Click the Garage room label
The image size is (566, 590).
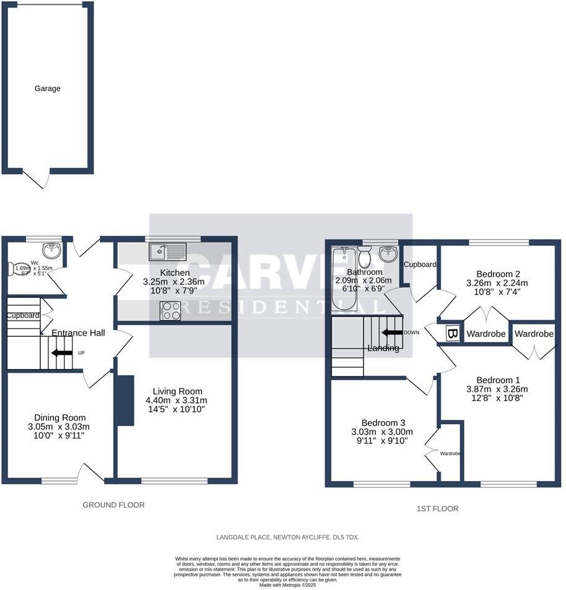(48, 89)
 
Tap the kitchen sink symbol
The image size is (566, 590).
(167, 251)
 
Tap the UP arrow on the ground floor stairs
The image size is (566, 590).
(61, 353)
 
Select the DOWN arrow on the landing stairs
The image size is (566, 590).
(391, 332)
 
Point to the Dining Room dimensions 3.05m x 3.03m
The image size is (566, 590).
(61, 427)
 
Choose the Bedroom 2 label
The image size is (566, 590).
(497, 274)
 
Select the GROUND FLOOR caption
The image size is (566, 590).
(113, 505)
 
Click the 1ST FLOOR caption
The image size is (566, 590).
(438, 509)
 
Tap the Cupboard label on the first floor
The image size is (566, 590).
(420, 264)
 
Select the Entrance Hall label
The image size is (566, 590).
(78, 333)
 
